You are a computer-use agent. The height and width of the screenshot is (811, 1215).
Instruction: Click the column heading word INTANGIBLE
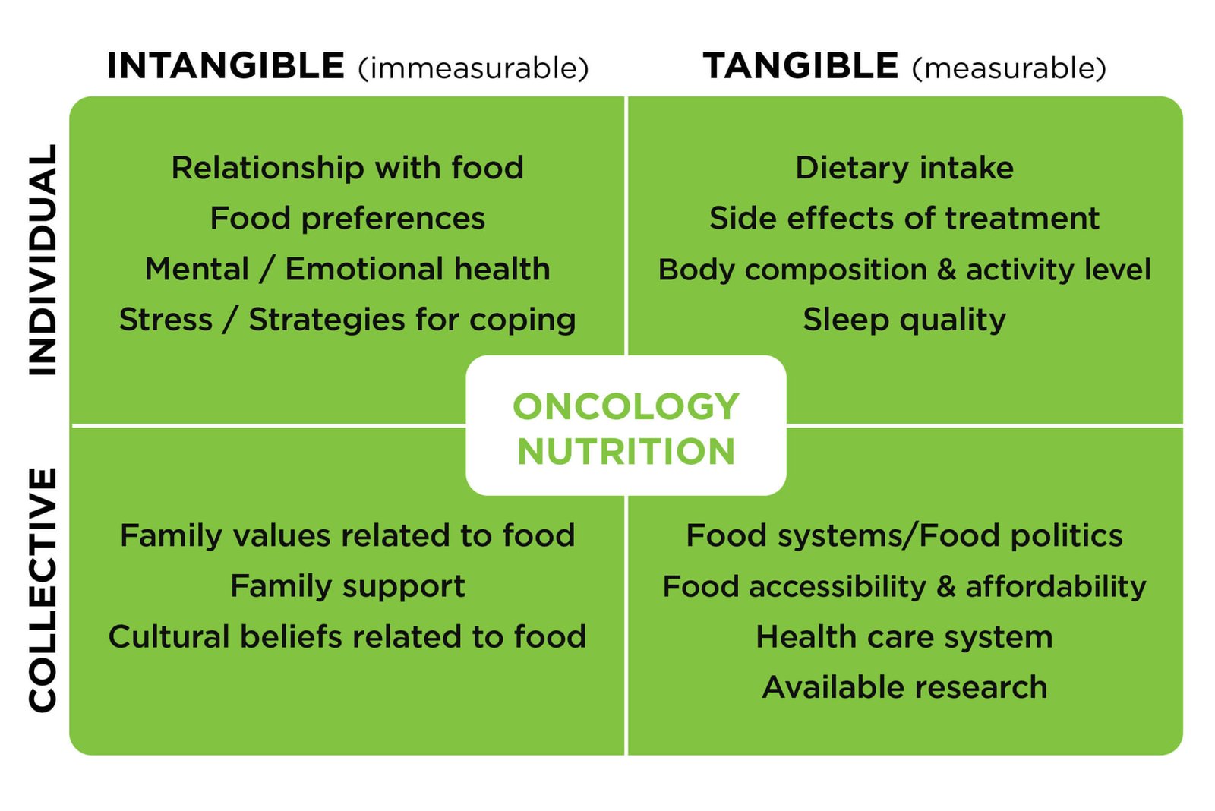click(226, 66)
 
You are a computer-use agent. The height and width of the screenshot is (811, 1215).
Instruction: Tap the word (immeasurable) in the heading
click(474, 68)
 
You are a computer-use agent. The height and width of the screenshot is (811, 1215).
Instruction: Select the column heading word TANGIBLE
click(800, 66)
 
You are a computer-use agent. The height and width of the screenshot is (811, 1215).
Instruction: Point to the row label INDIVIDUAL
click(43, 260)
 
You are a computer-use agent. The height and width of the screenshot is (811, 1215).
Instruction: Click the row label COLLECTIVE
click(43, 590)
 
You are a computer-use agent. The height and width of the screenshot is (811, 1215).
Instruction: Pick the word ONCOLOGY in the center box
click(626, 407)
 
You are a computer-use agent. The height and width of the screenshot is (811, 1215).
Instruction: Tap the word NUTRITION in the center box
click(626, 451)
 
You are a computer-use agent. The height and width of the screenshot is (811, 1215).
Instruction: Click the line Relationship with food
click(348, 168)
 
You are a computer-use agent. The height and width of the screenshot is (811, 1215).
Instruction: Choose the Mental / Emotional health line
click(348, 269)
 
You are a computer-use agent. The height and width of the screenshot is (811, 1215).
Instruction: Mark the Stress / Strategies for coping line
click(348, 320)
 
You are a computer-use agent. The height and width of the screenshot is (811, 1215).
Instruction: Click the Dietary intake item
click(904, 169)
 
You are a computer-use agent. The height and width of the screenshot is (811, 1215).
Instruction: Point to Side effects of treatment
click(904, 219)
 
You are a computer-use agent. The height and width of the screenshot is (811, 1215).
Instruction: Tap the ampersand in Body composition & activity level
click(946, 270)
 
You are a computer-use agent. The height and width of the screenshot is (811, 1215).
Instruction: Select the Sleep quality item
click(904, 320)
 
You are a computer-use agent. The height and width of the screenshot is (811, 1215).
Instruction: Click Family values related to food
click(348, 536)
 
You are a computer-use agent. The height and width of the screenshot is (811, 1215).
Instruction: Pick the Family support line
click(348, 587)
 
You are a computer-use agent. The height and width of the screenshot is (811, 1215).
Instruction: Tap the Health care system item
click(904, 637)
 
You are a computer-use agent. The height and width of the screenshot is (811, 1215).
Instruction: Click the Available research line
click(904, 687)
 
